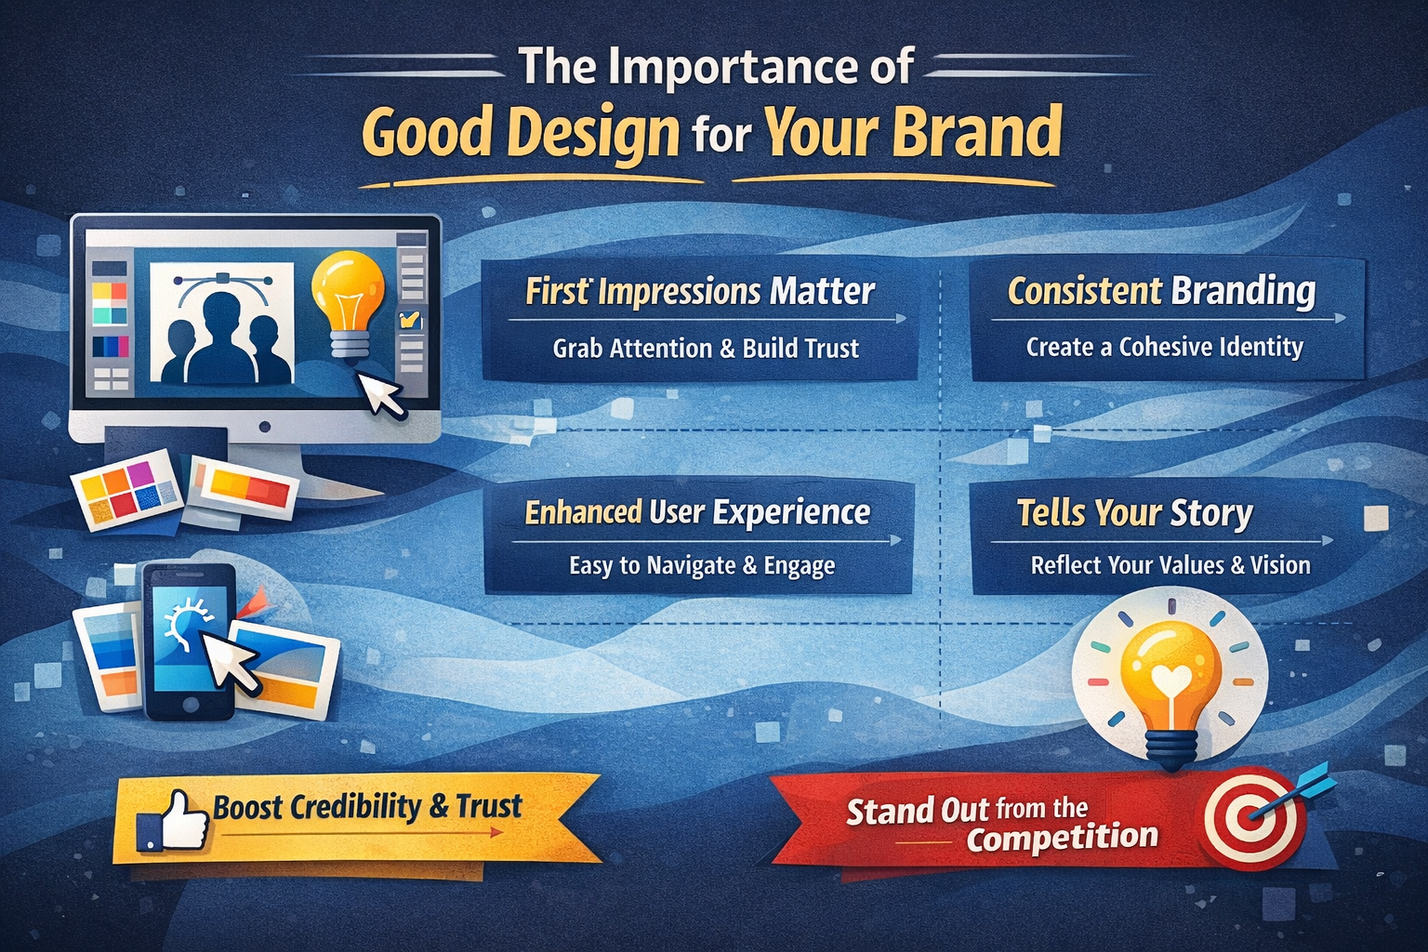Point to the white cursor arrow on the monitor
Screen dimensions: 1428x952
click(x=380, y=394)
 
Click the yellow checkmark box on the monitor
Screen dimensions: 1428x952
click(x=408, y=319)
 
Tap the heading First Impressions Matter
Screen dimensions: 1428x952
click(x=699, y=291)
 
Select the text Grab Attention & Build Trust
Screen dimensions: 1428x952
click(x=706, y=348)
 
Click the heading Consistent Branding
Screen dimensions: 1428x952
click(x=1161, y=291)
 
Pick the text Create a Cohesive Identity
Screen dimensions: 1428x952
click(x=1165, y=347)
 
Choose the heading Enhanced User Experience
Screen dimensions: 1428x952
click(x=697, y=512)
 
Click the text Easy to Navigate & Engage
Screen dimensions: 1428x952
click(x=702, y=565)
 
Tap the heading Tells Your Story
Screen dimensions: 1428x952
click(x=1135, y=513)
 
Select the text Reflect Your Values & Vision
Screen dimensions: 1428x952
click(x=1170, y=565)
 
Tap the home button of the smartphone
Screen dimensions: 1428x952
click(x=190, y=706)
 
